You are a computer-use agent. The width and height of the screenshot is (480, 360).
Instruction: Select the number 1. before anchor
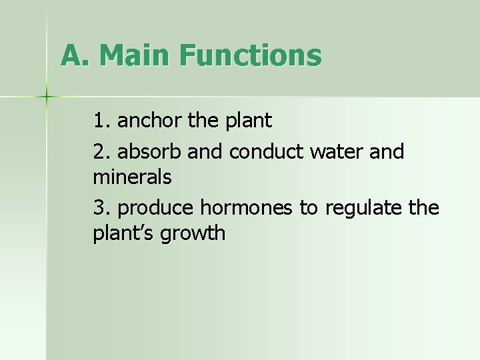[x=102, y=121]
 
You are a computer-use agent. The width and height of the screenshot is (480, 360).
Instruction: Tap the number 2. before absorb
[x=102, y=151]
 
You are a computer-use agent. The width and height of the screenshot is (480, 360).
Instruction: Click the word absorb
[x=150, y=151]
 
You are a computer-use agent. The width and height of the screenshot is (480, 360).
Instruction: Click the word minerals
[x=133, y=177]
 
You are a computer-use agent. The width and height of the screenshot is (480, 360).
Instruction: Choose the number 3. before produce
[x=102, y=208]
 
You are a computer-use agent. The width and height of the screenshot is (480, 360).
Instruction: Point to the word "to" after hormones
[x=308, y=209]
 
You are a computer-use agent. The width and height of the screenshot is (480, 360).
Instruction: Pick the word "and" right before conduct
[x=205, y=151]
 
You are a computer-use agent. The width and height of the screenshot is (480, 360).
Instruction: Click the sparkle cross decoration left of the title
[x=47, y=97]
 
